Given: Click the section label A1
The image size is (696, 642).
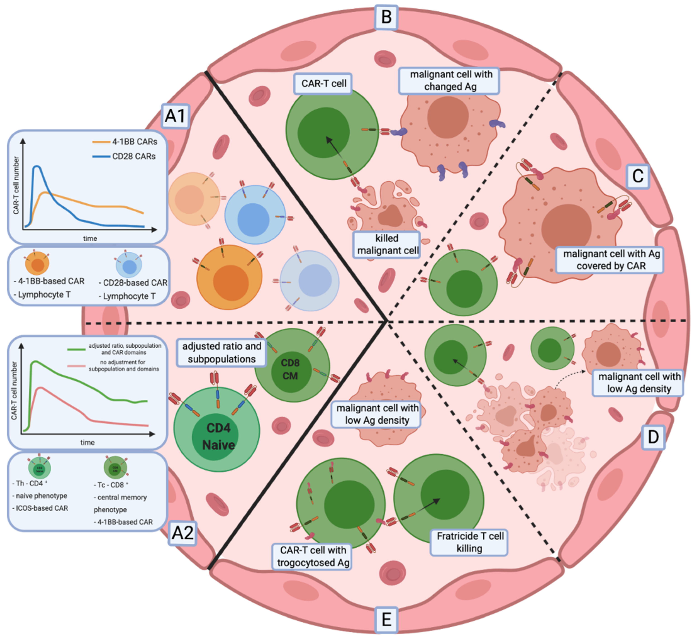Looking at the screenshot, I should [175, 116].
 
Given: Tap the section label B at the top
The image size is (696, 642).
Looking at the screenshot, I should [386, 17].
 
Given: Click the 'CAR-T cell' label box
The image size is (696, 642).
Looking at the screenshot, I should [323, 84].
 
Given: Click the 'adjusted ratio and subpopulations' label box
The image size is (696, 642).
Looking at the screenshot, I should [222, 353].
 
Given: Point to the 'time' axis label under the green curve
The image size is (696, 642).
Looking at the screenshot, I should [87, 442].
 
